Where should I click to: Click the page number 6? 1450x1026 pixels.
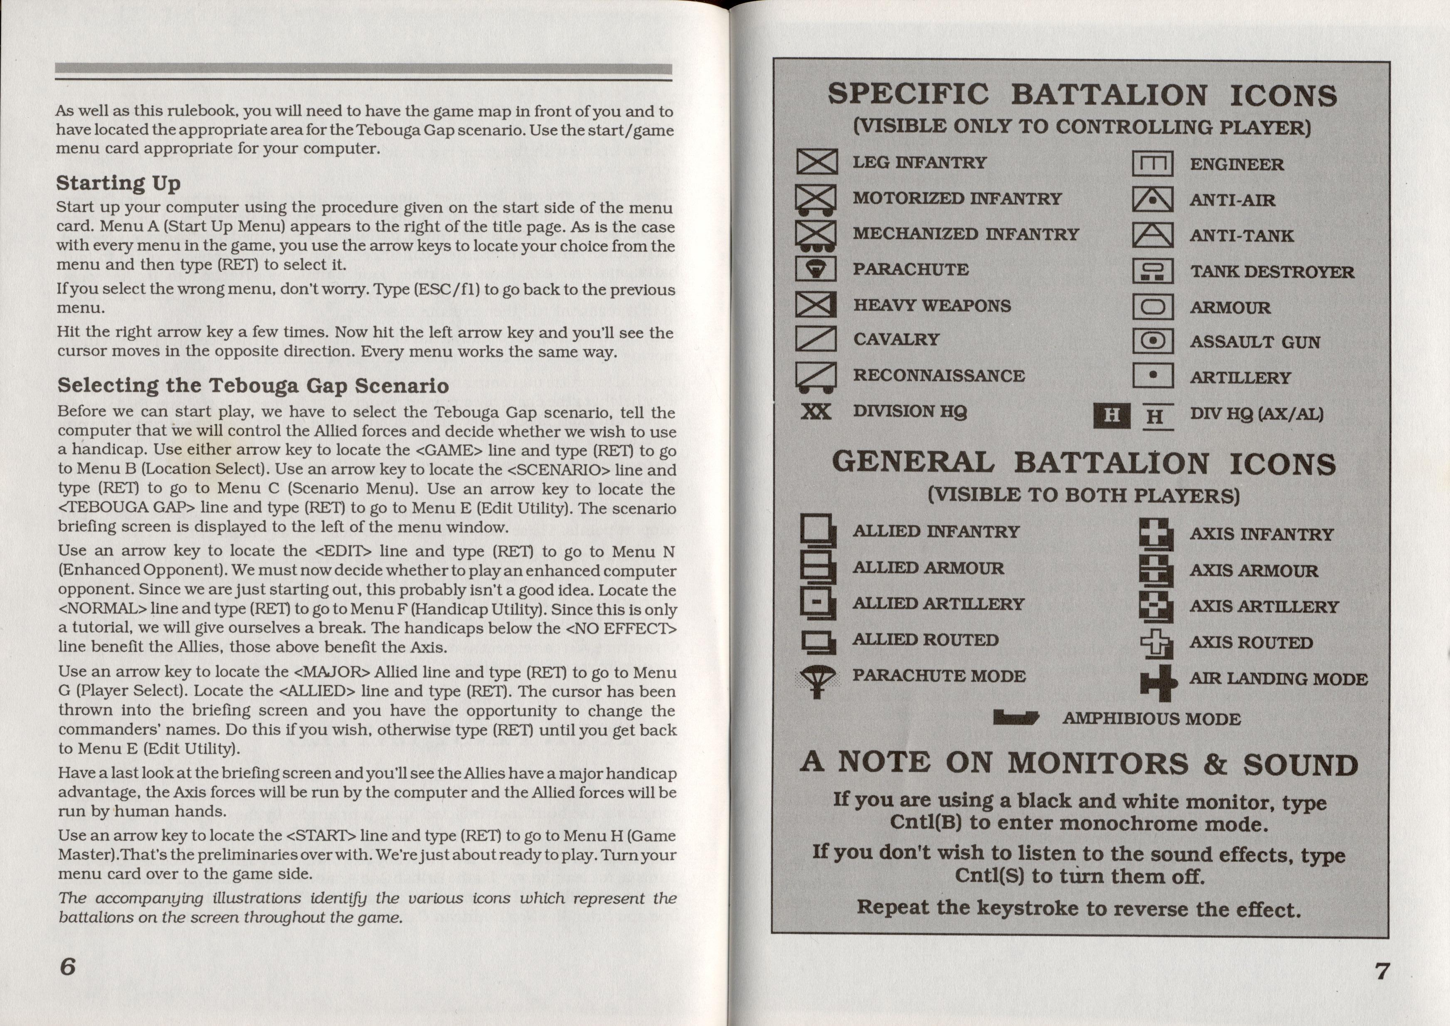coord(68,966)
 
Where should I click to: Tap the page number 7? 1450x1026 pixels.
coord(1382,970)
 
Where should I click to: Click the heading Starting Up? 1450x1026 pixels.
coord(118,183)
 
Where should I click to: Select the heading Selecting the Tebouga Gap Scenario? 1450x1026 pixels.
coord(253,385)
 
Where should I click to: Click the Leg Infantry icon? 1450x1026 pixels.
coord(816,162)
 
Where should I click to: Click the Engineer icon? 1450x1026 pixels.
coord(1152,164)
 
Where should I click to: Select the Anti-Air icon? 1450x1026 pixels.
coord(1152,200)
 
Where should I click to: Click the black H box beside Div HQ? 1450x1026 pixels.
coord(1111,416)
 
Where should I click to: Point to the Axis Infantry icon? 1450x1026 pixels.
coord(1156,534)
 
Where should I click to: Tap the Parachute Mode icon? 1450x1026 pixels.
coord(817,681)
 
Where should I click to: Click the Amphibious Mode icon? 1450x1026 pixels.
coord(1015,718)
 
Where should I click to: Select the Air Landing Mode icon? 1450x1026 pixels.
coord(1157,682)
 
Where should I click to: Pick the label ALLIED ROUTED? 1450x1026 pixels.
coord(926,640)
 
